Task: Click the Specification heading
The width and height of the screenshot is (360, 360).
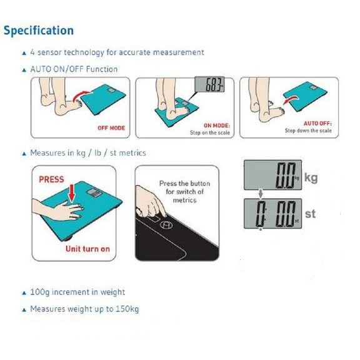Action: [39, 31]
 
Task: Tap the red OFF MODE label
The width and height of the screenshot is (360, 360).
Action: [111, 128]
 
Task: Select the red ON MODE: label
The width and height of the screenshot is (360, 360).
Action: [217, 126]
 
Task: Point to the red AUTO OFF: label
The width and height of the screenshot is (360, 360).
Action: [317, 124]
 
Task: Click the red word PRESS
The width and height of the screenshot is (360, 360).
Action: [51, 179]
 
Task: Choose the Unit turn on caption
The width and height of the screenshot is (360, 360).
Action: [87, 249]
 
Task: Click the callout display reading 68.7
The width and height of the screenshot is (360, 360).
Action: [209, 84]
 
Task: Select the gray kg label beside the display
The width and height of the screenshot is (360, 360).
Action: [311, 177]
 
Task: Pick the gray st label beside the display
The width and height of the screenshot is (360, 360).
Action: [310, 214]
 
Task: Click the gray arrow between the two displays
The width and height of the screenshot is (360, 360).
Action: [261, 194]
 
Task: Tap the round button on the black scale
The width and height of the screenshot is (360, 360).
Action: [166, 225]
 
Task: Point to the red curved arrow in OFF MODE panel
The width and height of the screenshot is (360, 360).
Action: [81, 96]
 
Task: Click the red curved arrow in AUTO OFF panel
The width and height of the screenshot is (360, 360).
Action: [291, 100]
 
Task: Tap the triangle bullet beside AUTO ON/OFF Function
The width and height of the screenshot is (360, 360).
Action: [24, 70]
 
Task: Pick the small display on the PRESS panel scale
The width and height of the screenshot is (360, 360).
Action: [94, 193]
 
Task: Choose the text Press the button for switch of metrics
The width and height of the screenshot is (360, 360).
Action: [184, 192]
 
